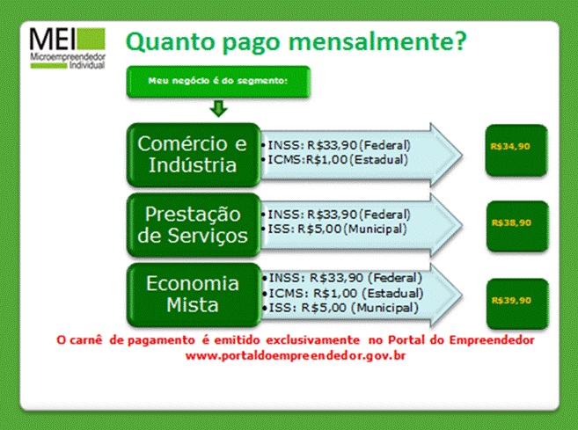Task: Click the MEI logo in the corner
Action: [x=68, y=48]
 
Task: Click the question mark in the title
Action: [x=460, y=41]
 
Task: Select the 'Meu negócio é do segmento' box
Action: [x=218, y=82]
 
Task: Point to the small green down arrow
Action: [x=218, y=108]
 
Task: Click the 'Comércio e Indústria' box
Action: [x=194, y=155]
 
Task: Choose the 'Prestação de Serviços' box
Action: [x=194, y=225]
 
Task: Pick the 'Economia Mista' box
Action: [x=194, y=295]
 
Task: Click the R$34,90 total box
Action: [x=516, y=150]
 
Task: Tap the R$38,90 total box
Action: [x=517, y=227]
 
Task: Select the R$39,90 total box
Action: [x=517, y=304]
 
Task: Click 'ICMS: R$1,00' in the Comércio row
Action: [x=307, y=160]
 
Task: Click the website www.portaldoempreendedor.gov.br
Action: [x=296, y=356]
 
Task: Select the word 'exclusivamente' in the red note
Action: [x=312, y=339]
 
